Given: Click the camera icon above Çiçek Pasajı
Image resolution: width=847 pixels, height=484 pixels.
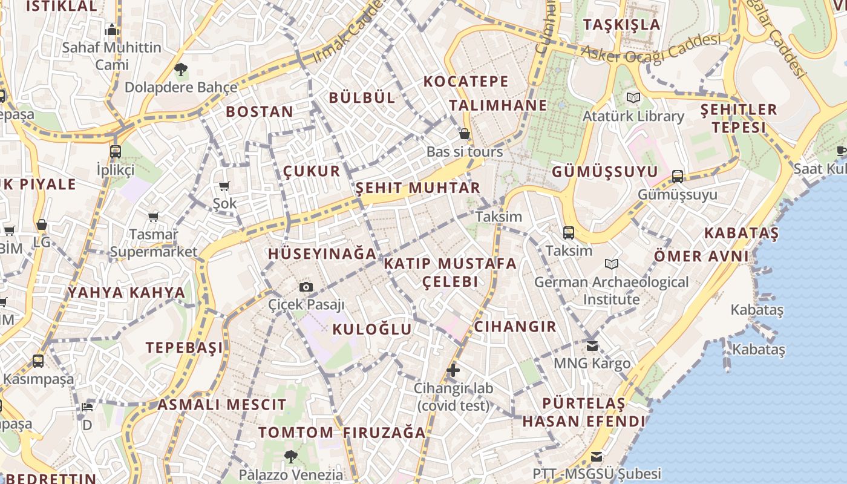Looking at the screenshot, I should (x=306, y=287).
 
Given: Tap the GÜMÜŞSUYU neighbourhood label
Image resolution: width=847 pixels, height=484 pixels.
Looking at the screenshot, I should (x=604, y=172).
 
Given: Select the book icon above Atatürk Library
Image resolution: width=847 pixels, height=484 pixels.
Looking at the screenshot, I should (x=633, y=97).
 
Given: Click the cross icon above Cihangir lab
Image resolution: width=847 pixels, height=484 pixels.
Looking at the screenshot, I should (x=453, y=370).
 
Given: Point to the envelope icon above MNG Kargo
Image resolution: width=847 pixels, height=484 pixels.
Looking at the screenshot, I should (x=592, y=345).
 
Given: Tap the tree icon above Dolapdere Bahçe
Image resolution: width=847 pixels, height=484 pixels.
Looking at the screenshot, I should (x=180, y=70).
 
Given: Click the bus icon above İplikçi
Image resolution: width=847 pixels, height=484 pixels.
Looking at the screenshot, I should (x=115, y=151).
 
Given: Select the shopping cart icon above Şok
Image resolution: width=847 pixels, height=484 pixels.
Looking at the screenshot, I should (x=224, y=186).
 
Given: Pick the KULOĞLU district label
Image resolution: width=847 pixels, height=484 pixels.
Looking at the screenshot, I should (x=372, y=329).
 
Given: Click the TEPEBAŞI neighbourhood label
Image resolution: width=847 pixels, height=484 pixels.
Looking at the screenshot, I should (x=184, y=347).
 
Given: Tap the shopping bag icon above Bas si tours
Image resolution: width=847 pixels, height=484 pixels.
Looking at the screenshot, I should (x=465, y=134).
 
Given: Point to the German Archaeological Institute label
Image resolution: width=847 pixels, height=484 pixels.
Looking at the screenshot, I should (x=611, y=290).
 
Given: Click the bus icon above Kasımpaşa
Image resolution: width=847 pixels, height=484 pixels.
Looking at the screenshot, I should (x=38, y=361).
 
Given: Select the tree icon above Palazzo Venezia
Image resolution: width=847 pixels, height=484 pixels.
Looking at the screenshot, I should (x=291, y=456).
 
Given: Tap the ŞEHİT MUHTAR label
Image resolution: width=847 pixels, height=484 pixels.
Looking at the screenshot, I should (x=418, y=188).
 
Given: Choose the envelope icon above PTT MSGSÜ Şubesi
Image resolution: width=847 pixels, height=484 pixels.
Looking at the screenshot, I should (x=597, y=456).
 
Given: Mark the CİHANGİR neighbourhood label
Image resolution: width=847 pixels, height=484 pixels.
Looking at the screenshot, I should (x=515, y=327).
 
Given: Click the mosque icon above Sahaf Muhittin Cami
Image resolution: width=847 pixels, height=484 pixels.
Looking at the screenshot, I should (x=111, y=30).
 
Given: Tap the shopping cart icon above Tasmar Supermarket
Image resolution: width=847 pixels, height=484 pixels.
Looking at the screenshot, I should (x=153, y=217).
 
